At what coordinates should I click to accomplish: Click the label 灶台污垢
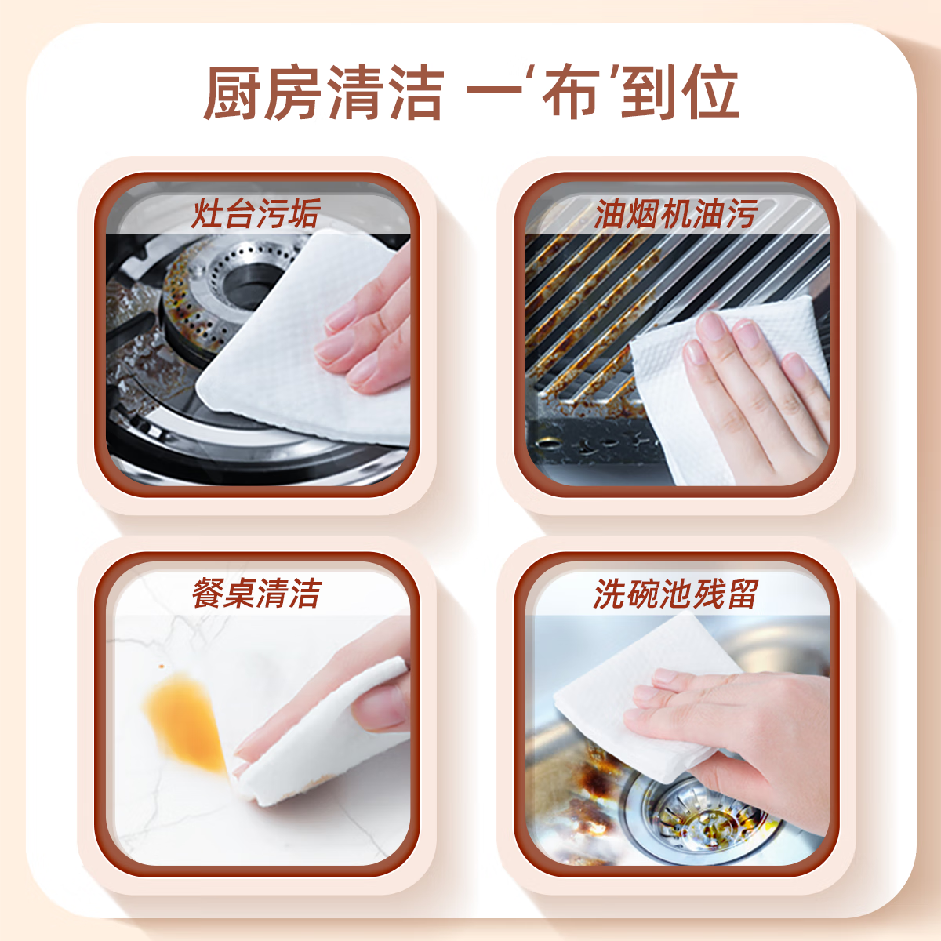[256, 213]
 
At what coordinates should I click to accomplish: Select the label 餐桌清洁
[256, 593]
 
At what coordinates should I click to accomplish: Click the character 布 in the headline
[571, 93]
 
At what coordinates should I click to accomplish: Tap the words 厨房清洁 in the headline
[324, 93]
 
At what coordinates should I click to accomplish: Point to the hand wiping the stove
[369, 329]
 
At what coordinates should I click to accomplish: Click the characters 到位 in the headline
[679, 93]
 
